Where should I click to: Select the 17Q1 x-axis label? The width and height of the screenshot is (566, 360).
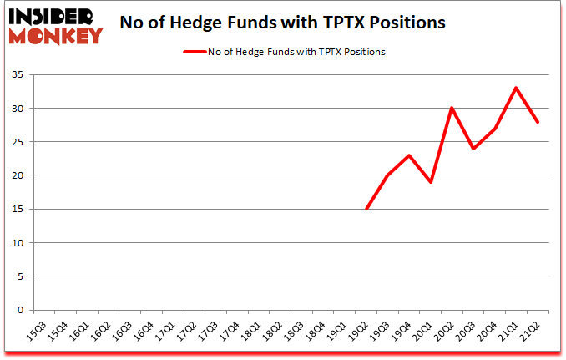(x=166, y=332)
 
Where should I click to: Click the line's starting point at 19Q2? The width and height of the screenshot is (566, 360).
(x=366, y=209)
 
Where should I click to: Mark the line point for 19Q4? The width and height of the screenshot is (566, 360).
(x=409, y=155)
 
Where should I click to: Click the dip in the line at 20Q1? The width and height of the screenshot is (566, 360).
(x=431, y=182)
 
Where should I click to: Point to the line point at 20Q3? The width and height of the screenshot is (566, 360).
(x=474, y=149)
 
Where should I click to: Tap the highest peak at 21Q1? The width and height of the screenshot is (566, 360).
(x=517, y=88)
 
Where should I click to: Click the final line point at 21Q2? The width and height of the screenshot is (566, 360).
(x=538, y=122)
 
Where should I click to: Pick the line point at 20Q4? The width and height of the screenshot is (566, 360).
(x=496, y=129)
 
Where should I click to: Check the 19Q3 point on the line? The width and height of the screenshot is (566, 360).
(x=388, y=175)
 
